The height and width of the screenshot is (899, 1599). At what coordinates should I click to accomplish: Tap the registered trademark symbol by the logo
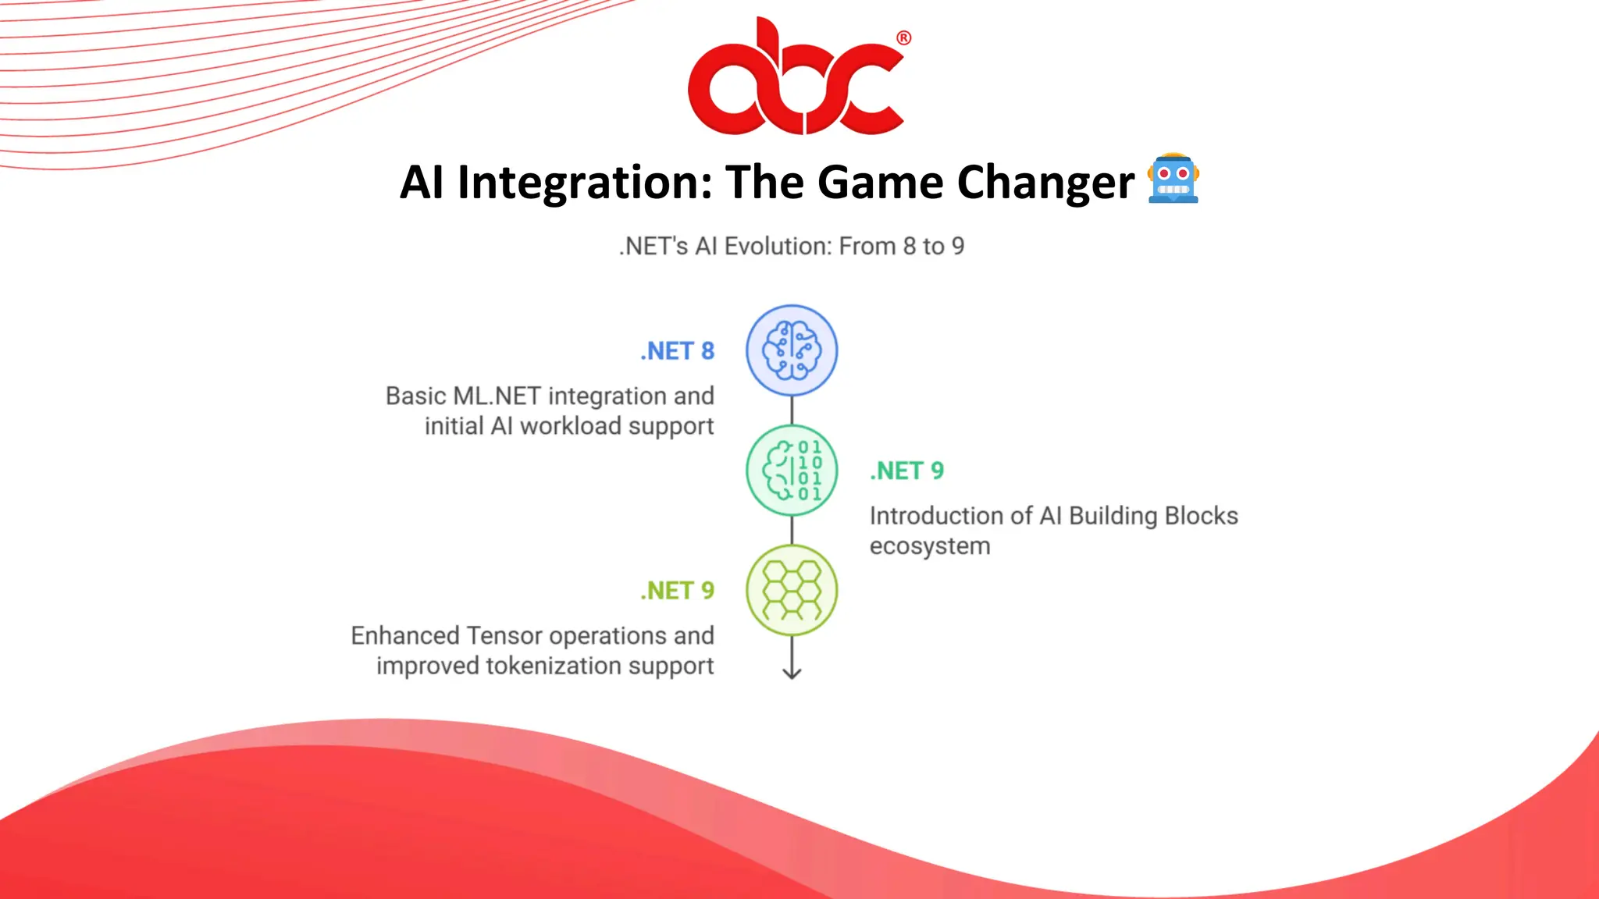(x=903, y=37)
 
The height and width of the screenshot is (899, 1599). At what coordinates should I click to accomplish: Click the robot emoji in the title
(x=1173, y=179)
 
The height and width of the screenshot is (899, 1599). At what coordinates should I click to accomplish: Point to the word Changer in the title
(x=1045, y=183)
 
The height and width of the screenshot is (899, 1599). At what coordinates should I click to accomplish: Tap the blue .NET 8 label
(x=677, y=351)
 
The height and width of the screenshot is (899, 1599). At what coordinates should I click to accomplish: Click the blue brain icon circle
(x=792, y=350)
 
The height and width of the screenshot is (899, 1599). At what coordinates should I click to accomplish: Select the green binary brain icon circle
(x=792, y=470)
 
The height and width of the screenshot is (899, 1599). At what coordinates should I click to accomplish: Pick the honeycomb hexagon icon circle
(x=792, y=590)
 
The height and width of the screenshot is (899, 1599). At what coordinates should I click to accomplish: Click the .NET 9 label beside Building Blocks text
(x=906, y=471)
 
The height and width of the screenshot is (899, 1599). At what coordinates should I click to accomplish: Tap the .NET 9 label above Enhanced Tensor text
(x=677, y=591)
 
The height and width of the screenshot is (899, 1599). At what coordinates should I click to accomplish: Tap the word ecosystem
(x=929, y=546)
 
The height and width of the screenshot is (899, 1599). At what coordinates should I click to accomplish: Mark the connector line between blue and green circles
(x=792, y=410)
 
